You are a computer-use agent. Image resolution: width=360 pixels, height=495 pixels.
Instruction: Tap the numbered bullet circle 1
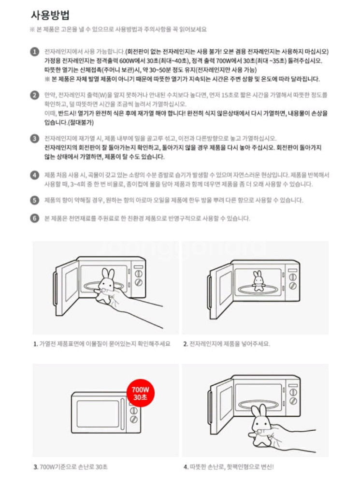point(34,52)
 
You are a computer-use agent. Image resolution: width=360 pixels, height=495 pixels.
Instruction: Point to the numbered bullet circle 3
point(34,139)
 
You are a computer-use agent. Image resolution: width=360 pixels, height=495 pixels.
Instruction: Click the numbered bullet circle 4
point(34,175)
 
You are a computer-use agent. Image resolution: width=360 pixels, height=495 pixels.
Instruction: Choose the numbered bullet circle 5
point(34,200)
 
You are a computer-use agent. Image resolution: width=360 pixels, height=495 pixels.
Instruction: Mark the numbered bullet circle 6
point(34,218)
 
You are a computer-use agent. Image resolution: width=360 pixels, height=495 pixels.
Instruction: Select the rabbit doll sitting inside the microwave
point(257,280)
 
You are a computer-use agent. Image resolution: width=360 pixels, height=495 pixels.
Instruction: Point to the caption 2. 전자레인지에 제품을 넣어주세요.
point(227,344)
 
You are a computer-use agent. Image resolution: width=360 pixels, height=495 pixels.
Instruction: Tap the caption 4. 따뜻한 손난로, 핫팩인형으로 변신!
point(229,467)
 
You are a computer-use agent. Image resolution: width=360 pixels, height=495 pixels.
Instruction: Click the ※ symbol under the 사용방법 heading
point(32,29)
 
